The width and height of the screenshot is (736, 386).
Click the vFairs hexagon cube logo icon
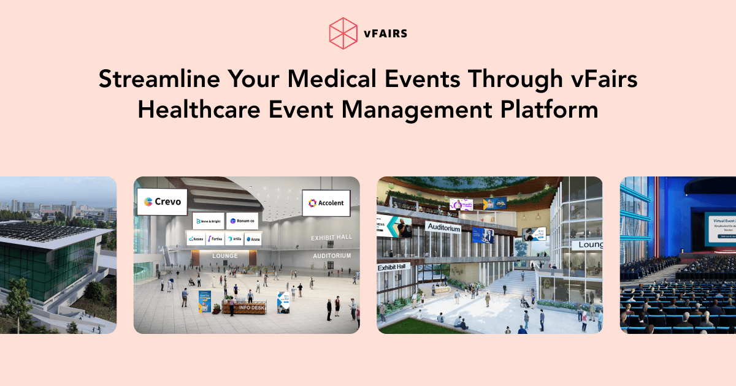click(343, 32)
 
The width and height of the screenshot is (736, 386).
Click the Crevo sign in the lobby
click(162, 202)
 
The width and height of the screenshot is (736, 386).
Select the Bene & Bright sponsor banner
click(207, 221)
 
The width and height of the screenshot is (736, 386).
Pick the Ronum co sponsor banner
click(242, 221)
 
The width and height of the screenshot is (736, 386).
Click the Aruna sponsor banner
click(253, 239)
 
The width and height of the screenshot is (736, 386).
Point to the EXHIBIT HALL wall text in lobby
click(331, 238)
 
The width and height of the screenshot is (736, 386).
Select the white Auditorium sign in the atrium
click(443, 228)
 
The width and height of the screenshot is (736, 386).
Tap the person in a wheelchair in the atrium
click(524, 301)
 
